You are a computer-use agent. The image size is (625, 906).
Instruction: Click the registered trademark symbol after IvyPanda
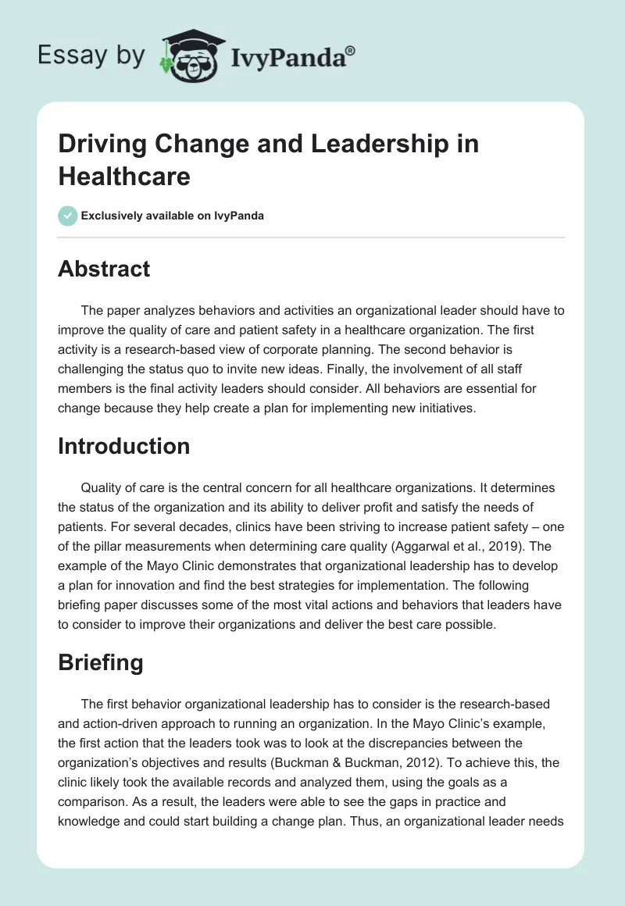[x=351, y=51]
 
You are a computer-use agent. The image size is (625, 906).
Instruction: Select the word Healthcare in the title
[x=124, y=176]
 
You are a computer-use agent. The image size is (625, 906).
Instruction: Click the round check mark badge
[x=68, y=216]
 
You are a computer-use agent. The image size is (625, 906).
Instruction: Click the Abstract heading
[x=104, y=269]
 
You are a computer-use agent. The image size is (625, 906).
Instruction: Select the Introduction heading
[x=124, y=446]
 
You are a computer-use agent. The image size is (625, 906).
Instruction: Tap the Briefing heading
[x=101, y=663]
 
